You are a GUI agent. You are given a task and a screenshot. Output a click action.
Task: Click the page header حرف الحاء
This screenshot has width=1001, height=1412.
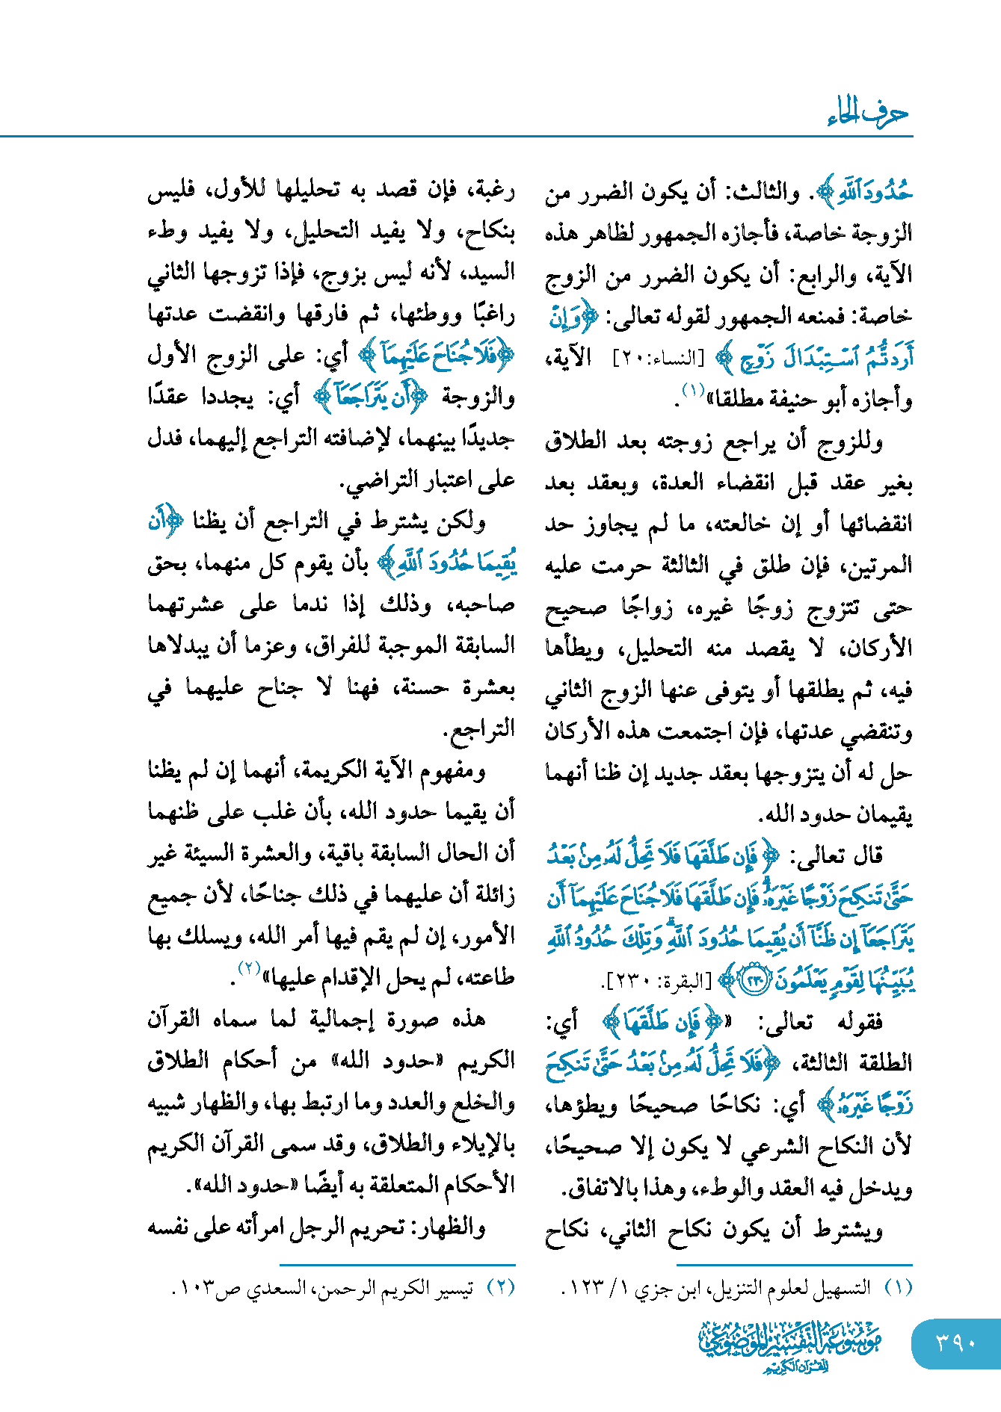coord(867,114)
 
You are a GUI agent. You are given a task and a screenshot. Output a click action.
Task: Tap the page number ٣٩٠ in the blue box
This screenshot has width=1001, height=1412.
coord(955,1344)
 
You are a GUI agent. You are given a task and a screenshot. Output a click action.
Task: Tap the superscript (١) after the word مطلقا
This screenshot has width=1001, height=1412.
coord(692,390)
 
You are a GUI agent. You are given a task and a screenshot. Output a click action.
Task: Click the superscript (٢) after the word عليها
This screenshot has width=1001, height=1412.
coord(248,969)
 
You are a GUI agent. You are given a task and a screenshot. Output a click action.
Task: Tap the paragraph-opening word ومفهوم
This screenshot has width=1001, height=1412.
coord(455,770)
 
